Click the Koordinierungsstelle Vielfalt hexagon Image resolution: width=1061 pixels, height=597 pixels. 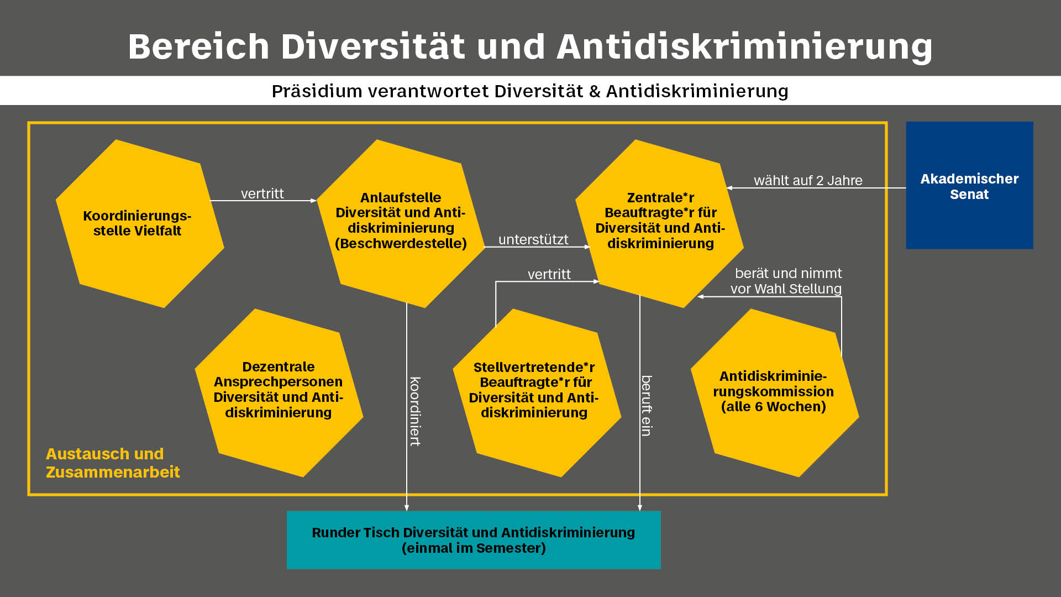(139, 223)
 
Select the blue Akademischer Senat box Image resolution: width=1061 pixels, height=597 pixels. (969, 186)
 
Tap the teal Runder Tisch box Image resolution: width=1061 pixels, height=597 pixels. (474, 540)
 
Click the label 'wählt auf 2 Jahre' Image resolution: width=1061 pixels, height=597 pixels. (808, 181)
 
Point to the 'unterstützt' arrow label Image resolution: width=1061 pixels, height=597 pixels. (533, 240)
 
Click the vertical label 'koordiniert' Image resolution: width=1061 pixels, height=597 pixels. (415, 411)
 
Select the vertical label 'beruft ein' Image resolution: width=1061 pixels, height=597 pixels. (647, 406)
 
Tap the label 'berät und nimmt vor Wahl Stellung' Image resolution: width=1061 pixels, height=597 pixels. (787, 281)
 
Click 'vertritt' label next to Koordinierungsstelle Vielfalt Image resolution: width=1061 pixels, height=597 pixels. (262, 194)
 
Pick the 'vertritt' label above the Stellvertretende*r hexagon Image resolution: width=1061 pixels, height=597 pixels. (549, 274)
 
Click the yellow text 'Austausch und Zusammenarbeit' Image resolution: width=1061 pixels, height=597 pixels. (113, 463)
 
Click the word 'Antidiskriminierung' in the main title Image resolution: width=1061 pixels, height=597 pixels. (744, 46)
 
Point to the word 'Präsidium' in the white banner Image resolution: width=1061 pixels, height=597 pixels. (316, 91)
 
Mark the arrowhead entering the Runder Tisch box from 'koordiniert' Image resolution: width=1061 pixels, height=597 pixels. (407, 507)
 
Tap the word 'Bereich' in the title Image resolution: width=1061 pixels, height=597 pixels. (198, 46)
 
